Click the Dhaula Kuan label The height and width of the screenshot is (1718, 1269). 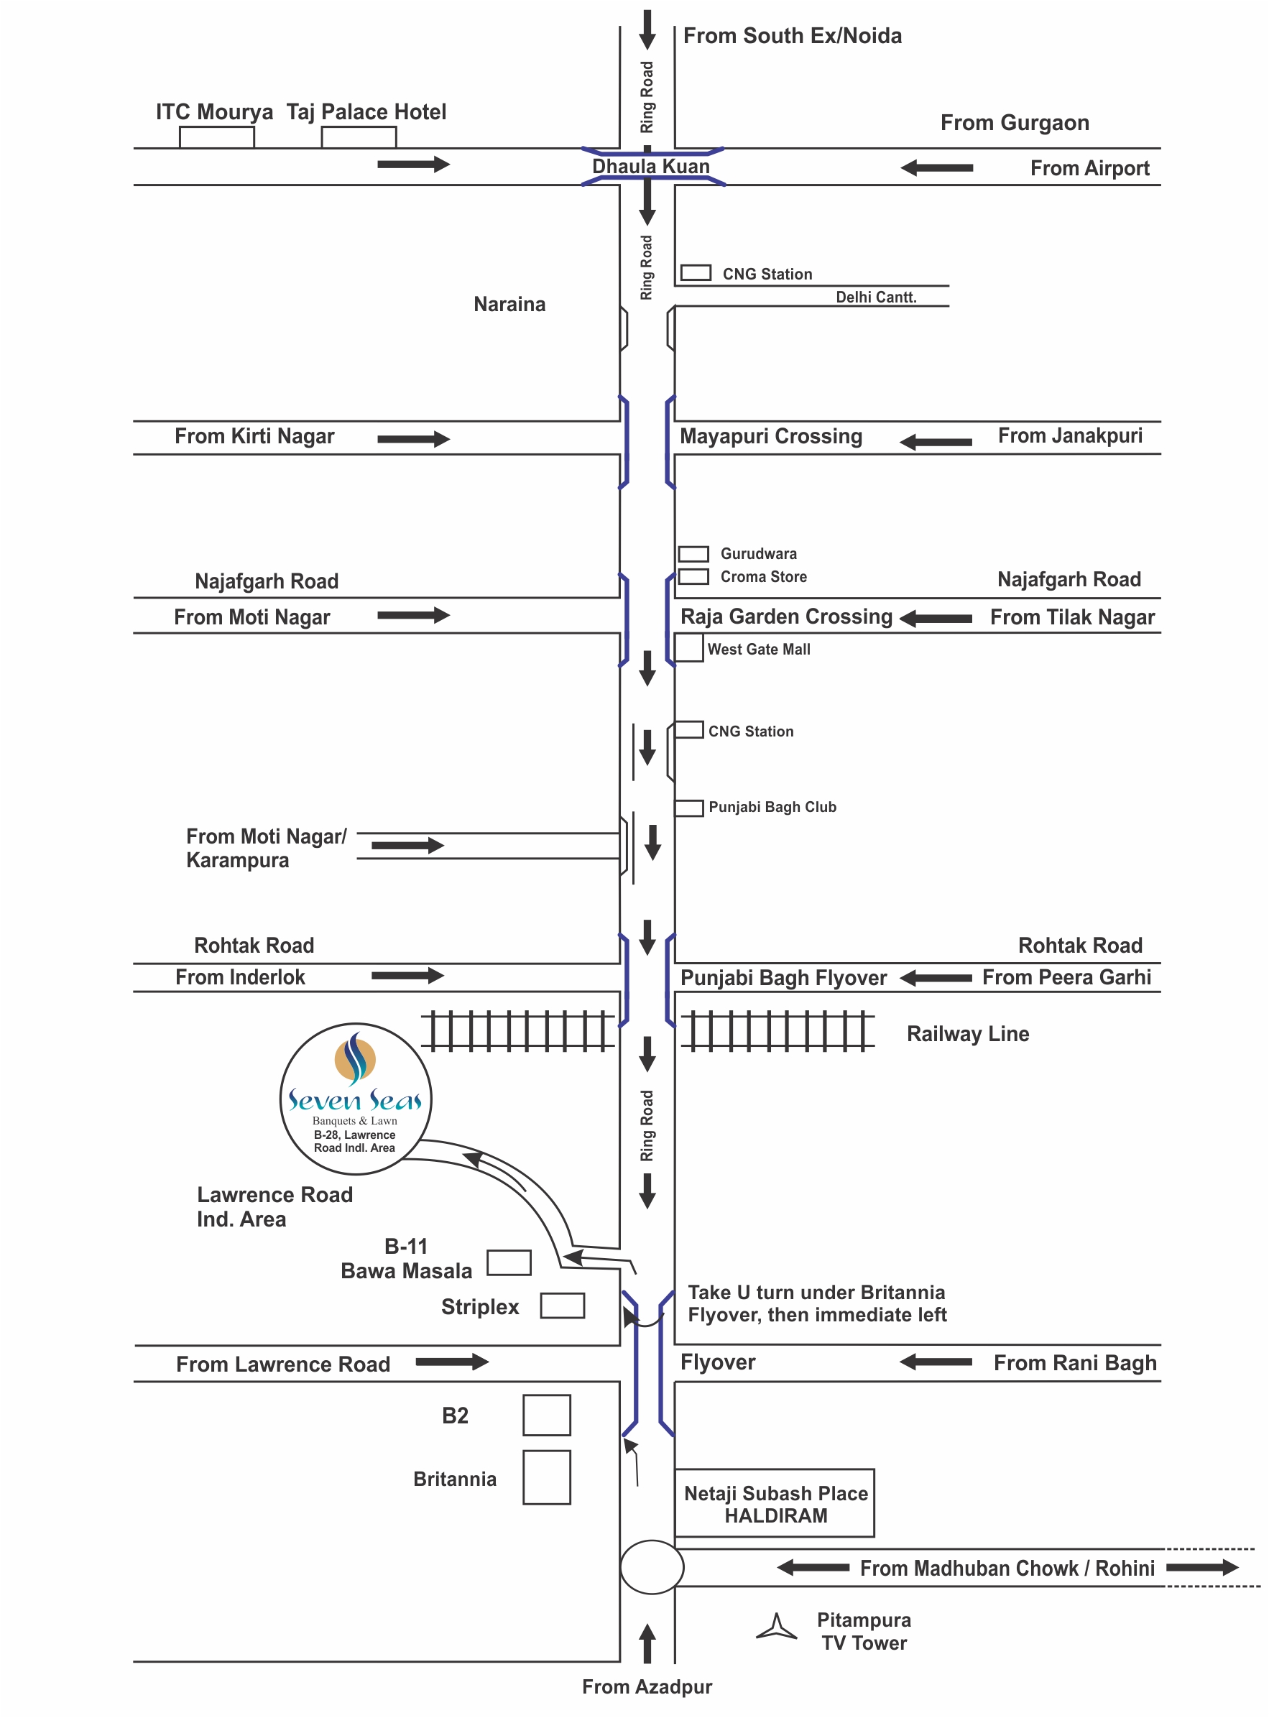(650, 166)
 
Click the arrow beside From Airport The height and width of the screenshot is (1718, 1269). (936, 167)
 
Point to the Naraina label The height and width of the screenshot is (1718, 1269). (509, 304)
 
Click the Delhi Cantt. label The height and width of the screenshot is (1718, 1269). (877, 297)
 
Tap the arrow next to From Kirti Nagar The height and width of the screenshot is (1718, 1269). (413, 438)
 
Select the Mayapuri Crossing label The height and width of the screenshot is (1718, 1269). (771, 436)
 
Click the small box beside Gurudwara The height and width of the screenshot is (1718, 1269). (693, 554)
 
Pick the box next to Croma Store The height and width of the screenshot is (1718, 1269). (693, 577)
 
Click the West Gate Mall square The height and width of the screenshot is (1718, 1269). (689, 647)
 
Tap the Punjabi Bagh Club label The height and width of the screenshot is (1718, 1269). (772, 807)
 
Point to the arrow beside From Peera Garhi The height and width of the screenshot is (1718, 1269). (936, 978)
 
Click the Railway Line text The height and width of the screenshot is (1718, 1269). (968, 1034)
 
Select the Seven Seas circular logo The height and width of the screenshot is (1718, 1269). (356, 1099)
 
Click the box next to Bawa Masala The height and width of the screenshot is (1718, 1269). (509, 1262)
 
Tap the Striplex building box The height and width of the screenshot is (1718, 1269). (563, 1306)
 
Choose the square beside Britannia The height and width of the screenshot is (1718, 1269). (547, 1477)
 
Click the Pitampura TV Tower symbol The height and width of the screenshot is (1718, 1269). (777, 1627)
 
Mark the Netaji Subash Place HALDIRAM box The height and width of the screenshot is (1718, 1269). (775, 1503)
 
